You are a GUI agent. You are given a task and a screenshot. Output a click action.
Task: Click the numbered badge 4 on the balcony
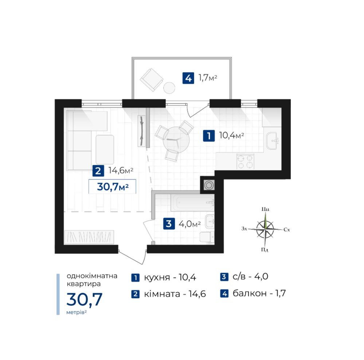click(188, 78)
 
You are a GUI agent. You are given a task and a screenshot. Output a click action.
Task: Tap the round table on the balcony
click(169, 88)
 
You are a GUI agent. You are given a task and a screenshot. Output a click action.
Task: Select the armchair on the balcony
click(151, 80)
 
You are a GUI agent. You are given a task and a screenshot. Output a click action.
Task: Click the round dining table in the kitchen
click(176, 140)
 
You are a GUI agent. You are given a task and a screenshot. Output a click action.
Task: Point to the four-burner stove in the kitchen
click(245, 161)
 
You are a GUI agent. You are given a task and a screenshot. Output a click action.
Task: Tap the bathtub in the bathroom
click(192, 202)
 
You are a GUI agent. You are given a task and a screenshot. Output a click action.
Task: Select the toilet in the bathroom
click(207, 237)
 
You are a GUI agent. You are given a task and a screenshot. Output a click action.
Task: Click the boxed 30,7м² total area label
click(112, 186)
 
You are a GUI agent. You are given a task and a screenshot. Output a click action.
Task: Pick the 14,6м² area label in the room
click(121, 170)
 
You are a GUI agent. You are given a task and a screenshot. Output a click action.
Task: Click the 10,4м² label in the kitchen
click(231, 135)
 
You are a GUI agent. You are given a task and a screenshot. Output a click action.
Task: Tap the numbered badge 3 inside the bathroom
click(169, 223)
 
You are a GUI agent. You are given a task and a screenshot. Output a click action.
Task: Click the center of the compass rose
click(265, 229)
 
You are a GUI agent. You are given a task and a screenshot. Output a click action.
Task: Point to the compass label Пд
click(265, 250)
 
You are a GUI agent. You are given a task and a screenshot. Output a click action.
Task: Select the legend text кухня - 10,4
click(170, 277)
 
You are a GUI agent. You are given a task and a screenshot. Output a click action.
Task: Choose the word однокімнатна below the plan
click(92, 276)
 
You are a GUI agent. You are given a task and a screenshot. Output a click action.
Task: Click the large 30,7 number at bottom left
click(84, 300)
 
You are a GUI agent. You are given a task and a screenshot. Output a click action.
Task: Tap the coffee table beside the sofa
click(105, 150)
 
